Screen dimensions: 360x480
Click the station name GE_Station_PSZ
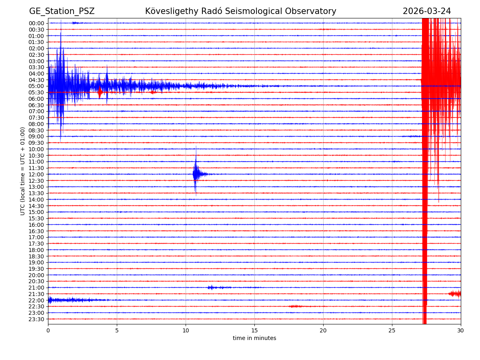click(62, 12)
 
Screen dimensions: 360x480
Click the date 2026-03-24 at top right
click(426, 12)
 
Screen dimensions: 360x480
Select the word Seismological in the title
click(253, 12)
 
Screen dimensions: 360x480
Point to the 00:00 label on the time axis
click(36, 23)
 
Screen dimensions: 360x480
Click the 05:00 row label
click(36, 86)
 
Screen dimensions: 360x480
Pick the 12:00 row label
click(36, 174)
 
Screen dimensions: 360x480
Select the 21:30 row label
click(36, 294)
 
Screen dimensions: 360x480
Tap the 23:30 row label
click(36, 319)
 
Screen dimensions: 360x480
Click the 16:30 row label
click(36, 231)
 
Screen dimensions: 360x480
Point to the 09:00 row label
click(36, 136)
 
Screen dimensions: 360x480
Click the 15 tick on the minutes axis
click(254, 330)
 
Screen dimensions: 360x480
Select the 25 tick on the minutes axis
click(392, 330)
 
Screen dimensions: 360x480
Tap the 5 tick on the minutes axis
click(117, 330)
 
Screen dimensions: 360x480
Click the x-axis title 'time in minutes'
click(254, 338)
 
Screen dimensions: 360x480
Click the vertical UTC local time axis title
click(23, 171)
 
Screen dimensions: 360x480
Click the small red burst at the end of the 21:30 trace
click(455, 294)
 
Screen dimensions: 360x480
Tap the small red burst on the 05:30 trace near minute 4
click(100, 92)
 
